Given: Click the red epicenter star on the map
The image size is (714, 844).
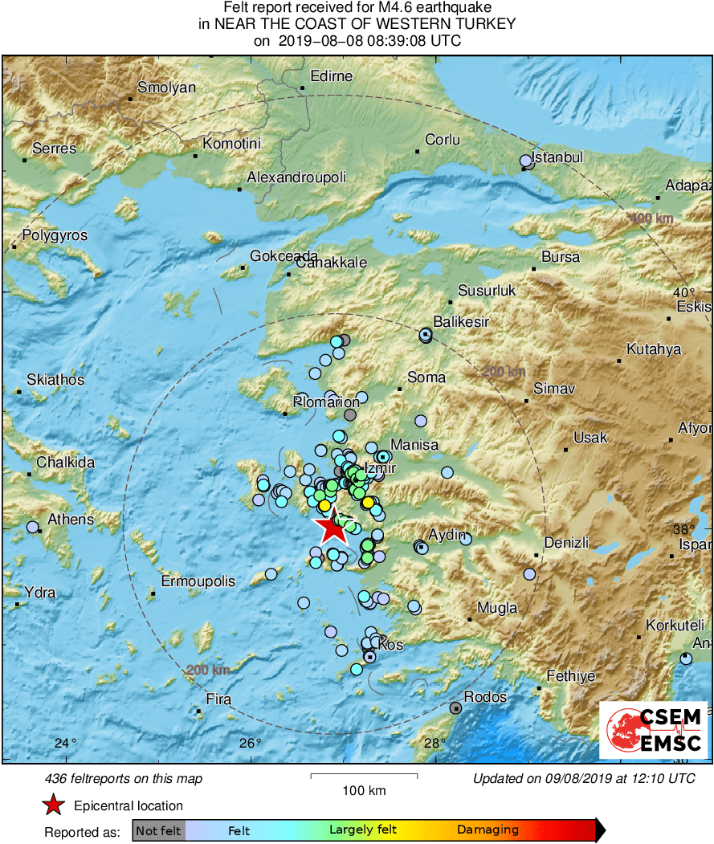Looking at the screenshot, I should (x=331, y=529).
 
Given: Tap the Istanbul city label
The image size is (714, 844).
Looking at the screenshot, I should (x=558, y=157).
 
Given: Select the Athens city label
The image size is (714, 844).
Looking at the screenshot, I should (x=71, y=520).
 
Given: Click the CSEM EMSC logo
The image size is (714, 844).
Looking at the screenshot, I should (x=653, y=730).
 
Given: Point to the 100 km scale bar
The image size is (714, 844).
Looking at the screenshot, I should (x=364, y=776).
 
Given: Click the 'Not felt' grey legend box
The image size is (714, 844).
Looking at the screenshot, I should (x=158, y=830).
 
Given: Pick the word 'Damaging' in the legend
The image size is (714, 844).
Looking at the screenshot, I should (x=488, y=830).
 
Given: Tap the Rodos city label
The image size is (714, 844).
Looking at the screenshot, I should (x=485, y=697).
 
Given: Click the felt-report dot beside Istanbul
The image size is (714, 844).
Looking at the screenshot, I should (x=525, y=161).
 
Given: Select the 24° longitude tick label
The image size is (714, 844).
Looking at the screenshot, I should (x=65, y=743).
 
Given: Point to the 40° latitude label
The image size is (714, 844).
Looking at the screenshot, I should (x=684, y=292).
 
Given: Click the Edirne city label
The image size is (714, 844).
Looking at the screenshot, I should (x=332, y=76).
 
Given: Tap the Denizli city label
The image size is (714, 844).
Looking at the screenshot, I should (x=566, y=543).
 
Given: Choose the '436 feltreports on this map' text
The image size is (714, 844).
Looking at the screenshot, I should (x=124, y=778).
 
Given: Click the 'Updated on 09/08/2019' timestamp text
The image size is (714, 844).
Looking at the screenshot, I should (x=584, y=778).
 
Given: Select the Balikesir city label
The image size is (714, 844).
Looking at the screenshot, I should (x=461, y=322).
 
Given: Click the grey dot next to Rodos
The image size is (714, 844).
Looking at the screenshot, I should (x=456, y=707).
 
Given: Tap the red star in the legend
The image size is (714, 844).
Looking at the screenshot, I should (x=53, y=805).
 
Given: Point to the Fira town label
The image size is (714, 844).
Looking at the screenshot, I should (x=218, y=699).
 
